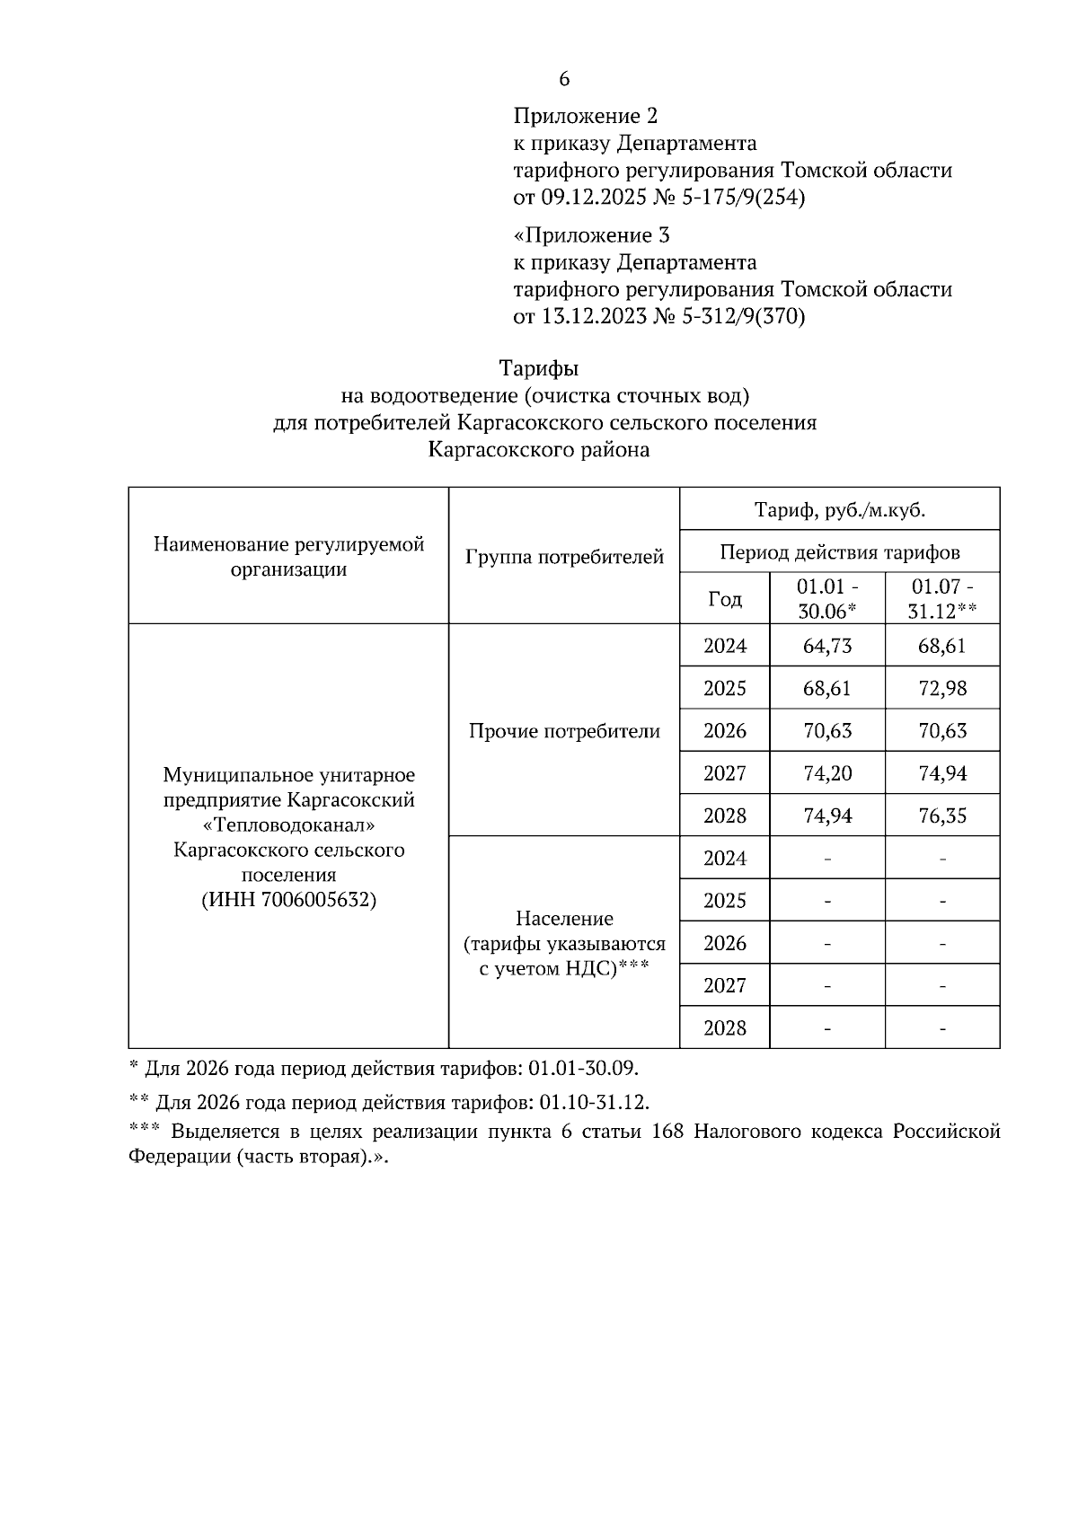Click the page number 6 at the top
(564, 79)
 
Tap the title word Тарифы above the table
(539, 368)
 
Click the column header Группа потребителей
(564, 557)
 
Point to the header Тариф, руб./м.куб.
(839, 510)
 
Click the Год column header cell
(724, 599)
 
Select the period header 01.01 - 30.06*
(826, 599)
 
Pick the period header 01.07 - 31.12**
(941, 599)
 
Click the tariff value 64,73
(826, 646)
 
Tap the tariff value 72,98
(941, 689)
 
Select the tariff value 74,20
(826, 773)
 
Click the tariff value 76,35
(941, 815)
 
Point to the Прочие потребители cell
(564, 731)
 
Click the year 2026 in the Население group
(724, 943)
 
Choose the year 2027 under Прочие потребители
(724, 773)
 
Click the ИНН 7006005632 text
(288, 900)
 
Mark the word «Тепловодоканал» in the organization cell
(288, 824)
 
